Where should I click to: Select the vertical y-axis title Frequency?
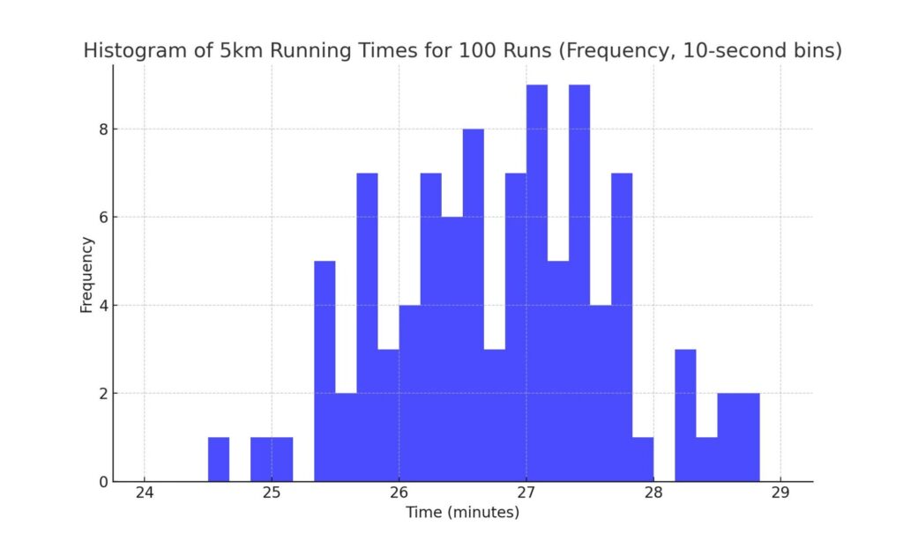(86, 273)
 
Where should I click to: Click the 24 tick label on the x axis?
(145, 492)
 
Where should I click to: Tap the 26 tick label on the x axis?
(399, 492)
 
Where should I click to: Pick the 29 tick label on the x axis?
(780, 492)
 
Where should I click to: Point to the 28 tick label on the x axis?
(653, 492)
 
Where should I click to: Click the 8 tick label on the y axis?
(102, 130)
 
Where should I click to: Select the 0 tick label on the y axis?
(102, 482)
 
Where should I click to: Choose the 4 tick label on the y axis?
(102, 306)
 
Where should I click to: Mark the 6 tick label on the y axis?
(102, 218)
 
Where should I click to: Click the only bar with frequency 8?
(474, 308)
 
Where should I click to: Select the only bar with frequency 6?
(451, 352)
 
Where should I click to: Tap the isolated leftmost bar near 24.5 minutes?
(219, 460)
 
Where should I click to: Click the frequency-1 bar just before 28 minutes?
(643, 460)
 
